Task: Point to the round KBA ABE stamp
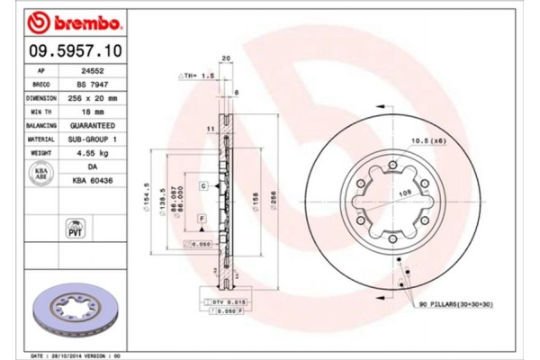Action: [40, 174]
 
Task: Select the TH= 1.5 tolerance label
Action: [198, 77]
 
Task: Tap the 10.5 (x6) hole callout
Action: [429, 140]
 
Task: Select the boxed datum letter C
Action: [204, 185]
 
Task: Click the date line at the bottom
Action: [78, 355]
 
